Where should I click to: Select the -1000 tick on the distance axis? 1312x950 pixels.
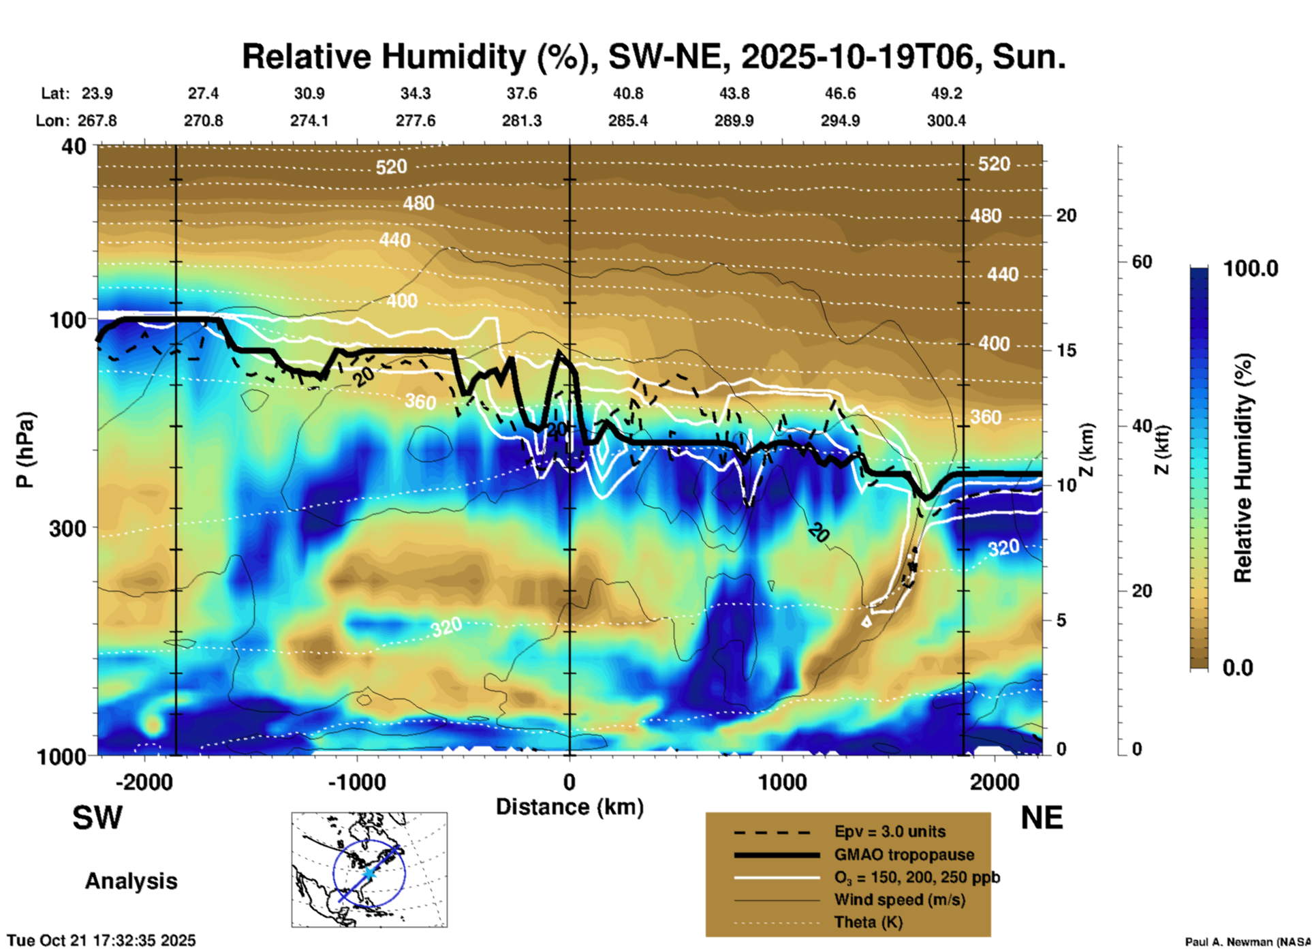357,782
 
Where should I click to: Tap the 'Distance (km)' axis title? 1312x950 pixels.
569,807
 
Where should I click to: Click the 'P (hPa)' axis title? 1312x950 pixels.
25,450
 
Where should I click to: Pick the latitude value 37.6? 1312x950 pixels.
522,93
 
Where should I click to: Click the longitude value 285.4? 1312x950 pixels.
627,121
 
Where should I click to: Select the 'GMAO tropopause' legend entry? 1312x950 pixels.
904,855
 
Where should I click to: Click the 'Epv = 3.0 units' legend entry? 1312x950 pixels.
890,831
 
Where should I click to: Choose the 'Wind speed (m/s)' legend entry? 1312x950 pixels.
899,900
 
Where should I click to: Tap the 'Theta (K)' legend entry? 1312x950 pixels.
868,922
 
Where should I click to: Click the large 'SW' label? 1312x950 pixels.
97,818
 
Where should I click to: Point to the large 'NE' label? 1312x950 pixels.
1042,818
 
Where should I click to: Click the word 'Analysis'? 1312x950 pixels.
131,880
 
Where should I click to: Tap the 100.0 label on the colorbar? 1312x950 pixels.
1251,269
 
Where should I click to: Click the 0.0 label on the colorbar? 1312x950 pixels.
1238,667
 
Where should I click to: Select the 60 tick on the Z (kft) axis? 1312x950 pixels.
1142,262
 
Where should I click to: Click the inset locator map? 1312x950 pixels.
369,869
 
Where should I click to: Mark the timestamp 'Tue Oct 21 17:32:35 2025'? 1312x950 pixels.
101,940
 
